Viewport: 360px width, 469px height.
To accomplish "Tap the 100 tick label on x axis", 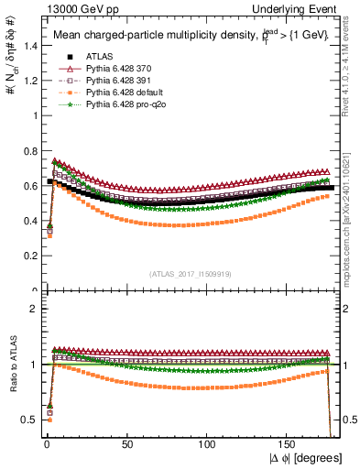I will tap(209, 443).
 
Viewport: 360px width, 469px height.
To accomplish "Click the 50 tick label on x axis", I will tap(127, 443).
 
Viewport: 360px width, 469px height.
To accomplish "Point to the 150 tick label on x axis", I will tap(289, 443).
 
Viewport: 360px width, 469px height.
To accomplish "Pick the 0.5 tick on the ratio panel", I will tap(27, 420).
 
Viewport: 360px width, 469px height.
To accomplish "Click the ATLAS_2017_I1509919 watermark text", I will tap(190, 272).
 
